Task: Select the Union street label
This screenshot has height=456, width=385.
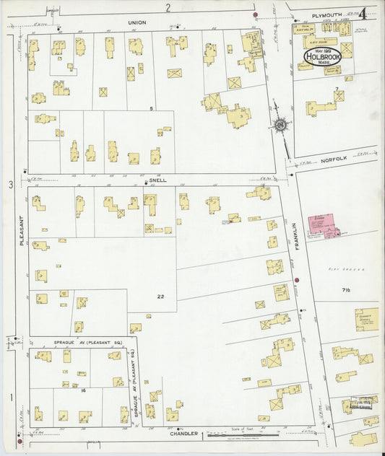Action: [137, 23]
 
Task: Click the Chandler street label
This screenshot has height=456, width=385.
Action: [183, 434]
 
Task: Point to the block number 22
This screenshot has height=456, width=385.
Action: [160, 297]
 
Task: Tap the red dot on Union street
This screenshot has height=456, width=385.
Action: [256, 14]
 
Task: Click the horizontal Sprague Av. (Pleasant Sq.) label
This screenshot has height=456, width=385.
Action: [80, 341]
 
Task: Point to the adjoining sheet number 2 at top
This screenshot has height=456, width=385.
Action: [168, 7]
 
